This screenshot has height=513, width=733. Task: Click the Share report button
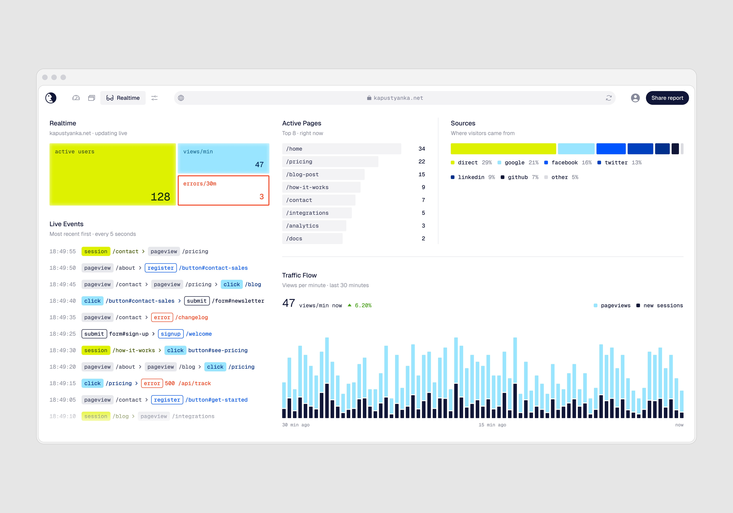tap(667, 98)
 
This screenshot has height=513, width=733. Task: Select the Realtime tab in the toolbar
tap(123, 98)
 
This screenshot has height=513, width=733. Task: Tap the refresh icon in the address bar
tap(609, 98)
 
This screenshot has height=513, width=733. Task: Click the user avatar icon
tap(635, 98)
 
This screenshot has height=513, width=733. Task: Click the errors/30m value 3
tap(261, 197)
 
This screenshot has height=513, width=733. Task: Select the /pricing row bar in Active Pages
tap(330, 162)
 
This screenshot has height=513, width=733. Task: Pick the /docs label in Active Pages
tap(294, 238)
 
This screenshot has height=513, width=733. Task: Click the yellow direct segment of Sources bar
tap(503, 149)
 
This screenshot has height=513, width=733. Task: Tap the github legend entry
tap(519, 177)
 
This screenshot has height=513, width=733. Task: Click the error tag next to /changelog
tap(162, 317)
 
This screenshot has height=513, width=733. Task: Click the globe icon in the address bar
tap(181, 98)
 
